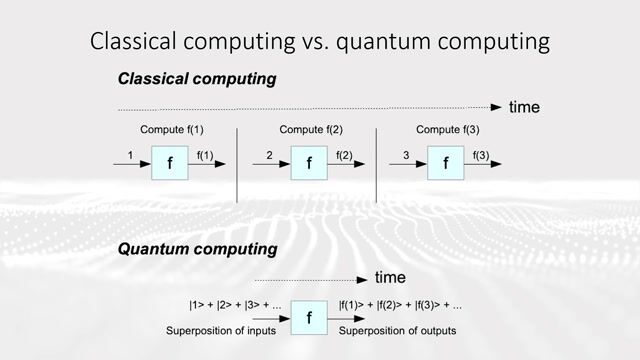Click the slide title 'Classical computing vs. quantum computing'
(319, 41)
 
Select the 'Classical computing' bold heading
(197, 78)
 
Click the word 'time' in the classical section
(526, 106)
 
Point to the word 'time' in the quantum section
(390, 277)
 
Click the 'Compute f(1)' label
(172, 129)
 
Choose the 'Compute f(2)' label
(311, 129)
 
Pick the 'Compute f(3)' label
(447, 129)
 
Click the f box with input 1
(170, 162)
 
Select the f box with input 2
(310, 162)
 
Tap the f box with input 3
(446, 162)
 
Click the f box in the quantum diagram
(310, 319)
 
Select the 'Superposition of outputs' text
(397, 331)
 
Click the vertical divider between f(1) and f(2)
(237, 164)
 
